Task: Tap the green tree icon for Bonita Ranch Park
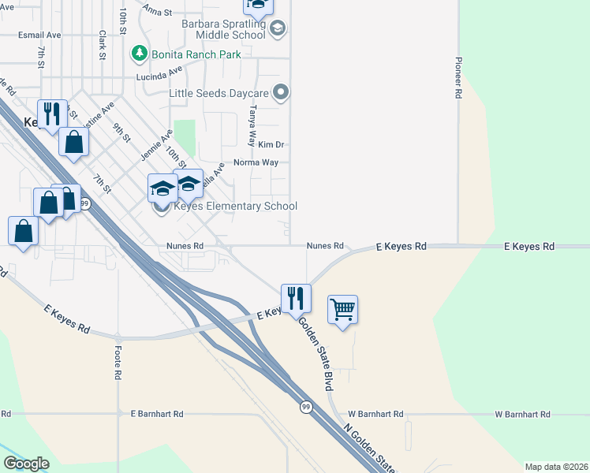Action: tap(140, 54)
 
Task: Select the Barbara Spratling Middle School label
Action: tap(223, 29)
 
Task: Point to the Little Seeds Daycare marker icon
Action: tap(281, 93)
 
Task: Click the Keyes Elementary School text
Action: tap(235, 207)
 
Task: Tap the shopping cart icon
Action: tap(342, 308)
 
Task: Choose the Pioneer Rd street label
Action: tap(457, 77)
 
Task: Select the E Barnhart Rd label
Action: tap(157, 414)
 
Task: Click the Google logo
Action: tap(26, 464)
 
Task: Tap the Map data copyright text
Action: tap(556, 467)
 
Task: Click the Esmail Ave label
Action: tap(39, 35)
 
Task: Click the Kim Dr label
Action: tap(271, 145)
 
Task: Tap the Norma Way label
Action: tap(256, 163)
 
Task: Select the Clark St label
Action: tap(103, 45)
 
